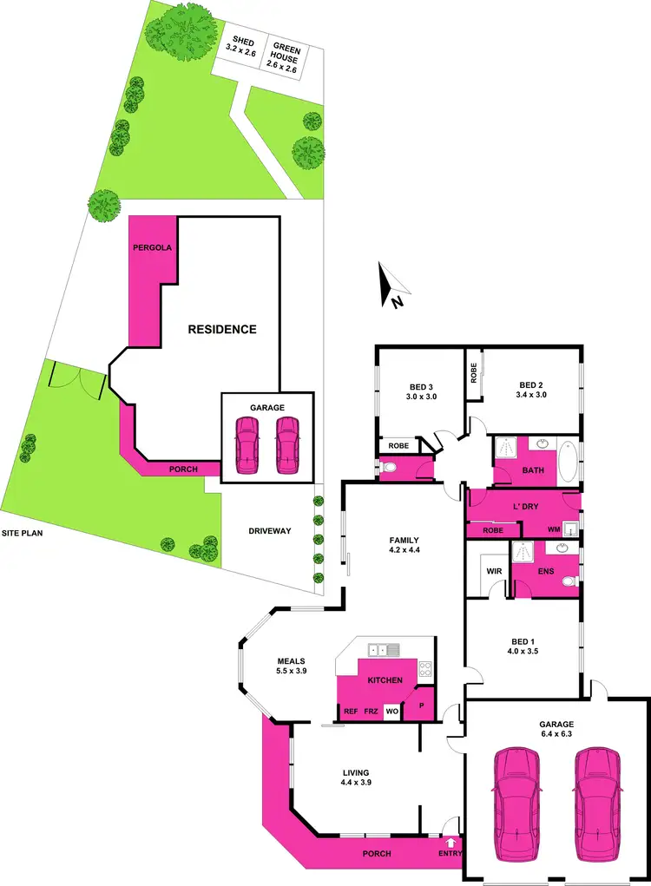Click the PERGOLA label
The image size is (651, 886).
[x=152, y=248]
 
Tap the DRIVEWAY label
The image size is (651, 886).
[x=269, y=531]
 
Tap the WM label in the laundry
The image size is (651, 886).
[x=553, y=529]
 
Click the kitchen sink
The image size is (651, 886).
[x=383, y=650]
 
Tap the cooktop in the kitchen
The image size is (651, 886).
[x=425, y=669]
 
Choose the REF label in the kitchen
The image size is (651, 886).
[x=351, y=712]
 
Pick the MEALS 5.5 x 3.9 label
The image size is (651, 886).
[x=293, y=664]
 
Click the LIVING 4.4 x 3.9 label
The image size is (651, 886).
[x=356, y=778]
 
